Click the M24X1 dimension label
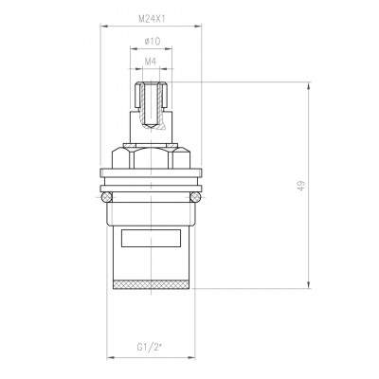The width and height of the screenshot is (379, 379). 152,19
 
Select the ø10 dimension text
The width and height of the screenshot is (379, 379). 152,41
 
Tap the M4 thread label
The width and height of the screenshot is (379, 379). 151,62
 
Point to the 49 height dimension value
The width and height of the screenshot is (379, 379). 302,185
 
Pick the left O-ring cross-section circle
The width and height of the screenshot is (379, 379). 106,197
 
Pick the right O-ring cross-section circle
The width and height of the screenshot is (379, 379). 196,197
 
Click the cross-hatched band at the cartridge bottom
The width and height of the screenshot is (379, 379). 151,284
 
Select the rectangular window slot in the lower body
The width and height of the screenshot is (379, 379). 151,238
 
